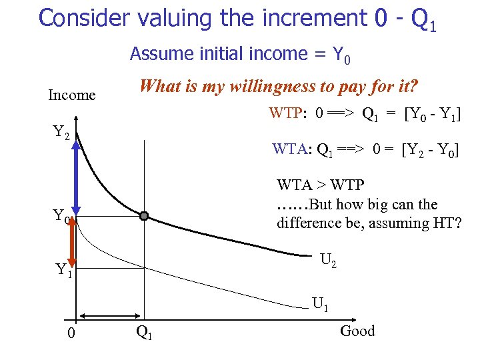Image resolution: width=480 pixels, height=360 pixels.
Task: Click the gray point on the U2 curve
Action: point(144,216)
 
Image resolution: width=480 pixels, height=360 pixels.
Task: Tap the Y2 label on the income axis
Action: point(61,133)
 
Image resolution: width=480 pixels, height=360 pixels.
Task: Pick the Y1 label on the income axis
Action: point(64,270)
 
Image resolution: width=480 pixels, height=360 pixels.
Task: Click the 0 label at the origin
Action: point(72,333)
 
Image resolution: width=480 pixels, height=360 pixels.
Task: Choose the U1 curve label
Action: point(320,305)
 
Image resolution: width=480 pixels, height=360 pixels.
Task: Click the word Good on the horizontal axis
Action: point(357,331)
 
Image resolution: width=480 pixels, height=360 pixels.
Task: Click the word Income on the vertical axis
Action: point(72,95)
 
